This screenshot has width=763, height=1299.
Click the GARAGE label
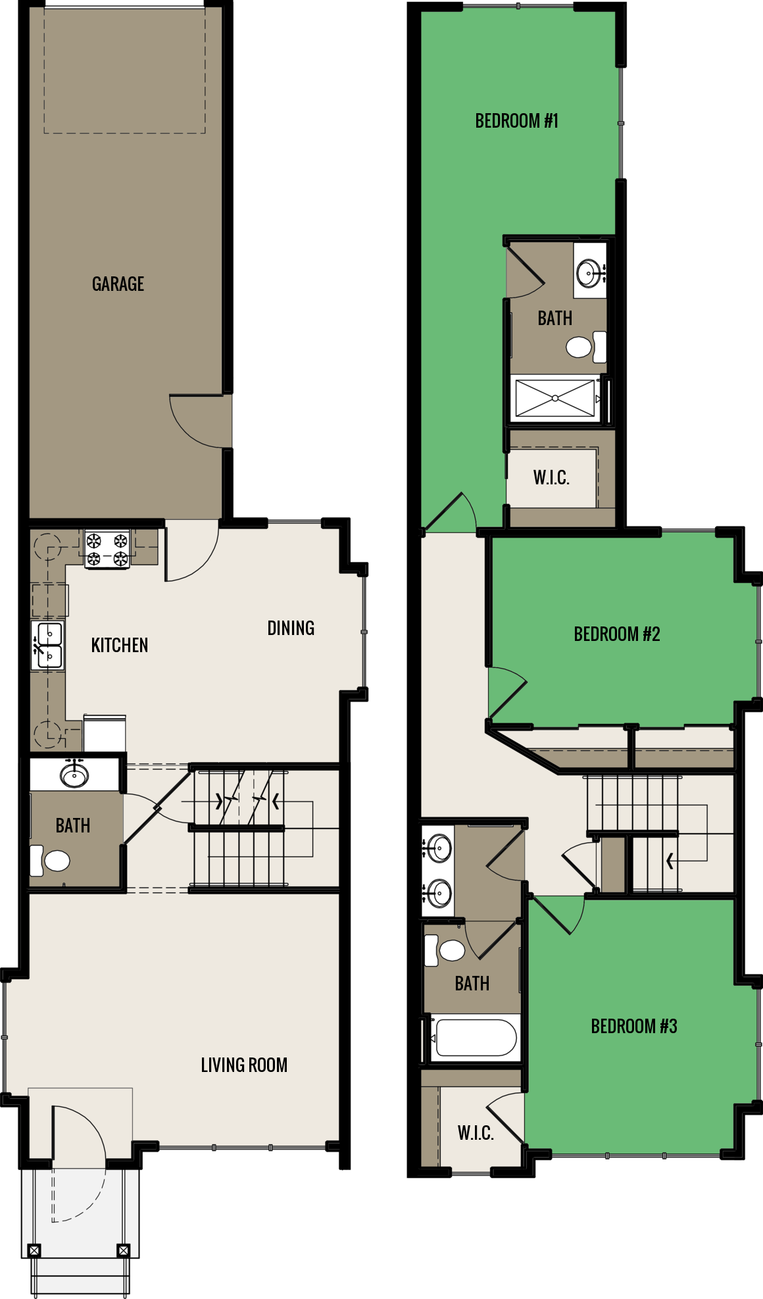coord(118,284)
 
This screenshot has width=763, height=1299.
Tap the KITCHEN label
coord(119,645)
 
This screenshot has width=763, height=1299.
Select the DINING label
coord(291,628)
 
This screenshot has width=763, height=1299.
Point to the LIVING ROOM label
coord(244,1065)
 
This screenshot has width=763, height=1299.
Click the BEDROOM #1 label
coord(516,120)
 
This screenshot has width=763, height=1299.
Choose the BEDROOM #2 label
coord(616,634)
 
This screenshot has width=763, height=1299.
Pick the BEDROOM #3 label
coord(633,1026)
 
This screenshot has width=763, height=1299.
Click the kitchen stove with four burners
coord(107,549)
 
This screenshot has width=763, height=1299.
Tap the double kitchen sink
coord(49,646)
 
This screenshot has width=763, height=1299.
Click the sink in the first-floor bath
coord(74,775)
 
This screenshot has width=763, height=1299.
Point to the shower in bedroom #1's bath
coord(555,398)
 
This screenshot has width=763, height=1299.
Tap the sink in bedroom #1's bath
coord(589,270)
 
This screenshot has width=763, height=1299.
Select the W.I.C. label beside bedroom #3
coord(475,1133)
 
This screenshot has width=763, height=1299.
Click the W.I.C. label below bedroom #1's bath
coord(551,477)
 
